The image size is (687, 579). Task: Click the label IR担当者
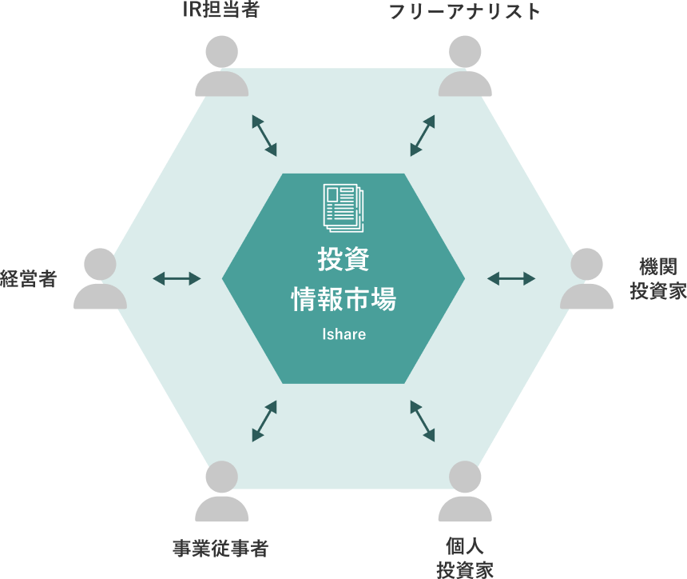click(x=220, y=12)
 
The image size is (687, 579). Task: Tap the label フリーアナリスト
click(x=464, y=12)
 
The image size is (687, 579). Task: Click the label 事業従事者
click(x=220, y=549)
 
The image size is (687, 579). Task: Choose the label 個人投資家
click(x=464, y=557)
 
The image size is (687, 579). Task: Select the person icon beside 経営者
click(x=100, y=278)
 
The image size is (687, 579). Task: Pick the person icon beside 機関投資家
click(x=586, y=278)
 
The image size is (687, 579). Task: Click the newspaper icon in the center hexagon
click(x=343, y=206)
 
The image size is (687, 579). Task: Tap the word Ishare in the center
click(x=343, y=334)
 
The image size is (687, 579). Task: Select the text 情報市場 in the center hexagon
click(x=343, y=301)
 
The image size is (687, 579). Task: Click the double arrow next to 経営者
click(x=177, y=278)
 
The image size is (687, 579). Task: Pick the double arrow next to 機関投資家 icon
click(x=511, y=278)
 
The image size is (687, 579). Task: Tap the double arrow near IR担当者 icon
click(x=264, y=134)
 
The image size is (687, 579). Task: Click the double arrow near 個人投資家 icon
click(x=423, y=421)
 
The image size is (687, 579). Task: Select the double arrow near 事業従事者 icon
click(x=264, y=421)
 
